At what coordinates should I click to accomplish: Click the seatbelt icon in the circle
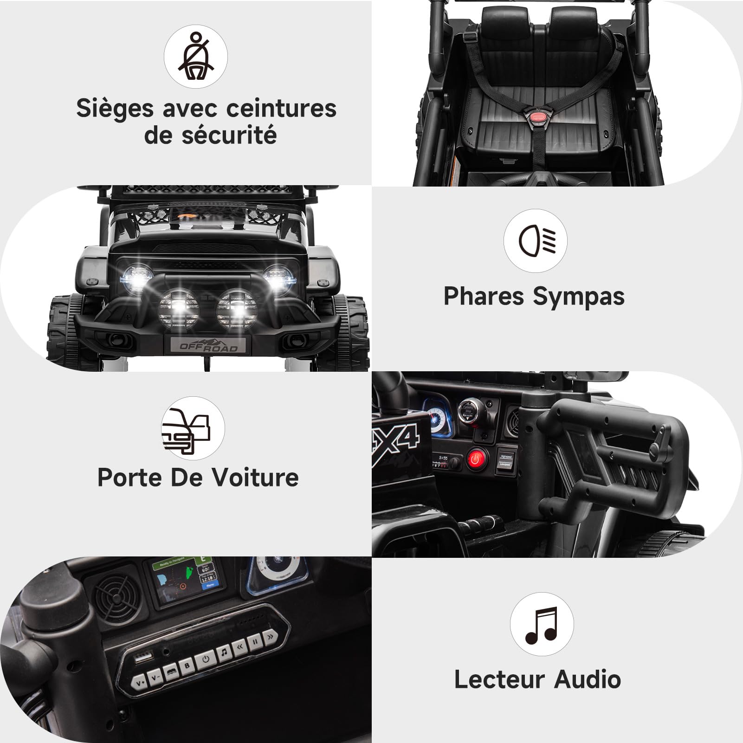pos(196,57)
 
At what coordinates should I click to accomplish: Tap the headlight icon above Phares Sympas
pos(536,240)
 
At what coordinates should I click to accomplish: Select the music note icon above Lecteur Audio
pos(542,624)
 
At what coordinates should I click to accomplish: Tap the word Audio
pos(588,679)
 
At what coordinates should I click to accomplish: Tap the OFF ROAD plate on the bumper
pos(208,346)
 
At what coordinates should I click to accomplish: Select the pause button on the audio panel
pos(255,643)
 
